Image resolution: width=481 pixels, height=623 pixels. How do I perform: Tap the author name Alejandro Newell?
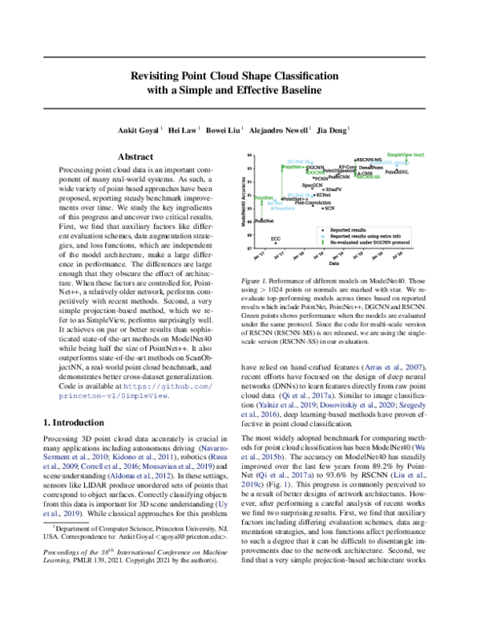click(280, 128)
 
